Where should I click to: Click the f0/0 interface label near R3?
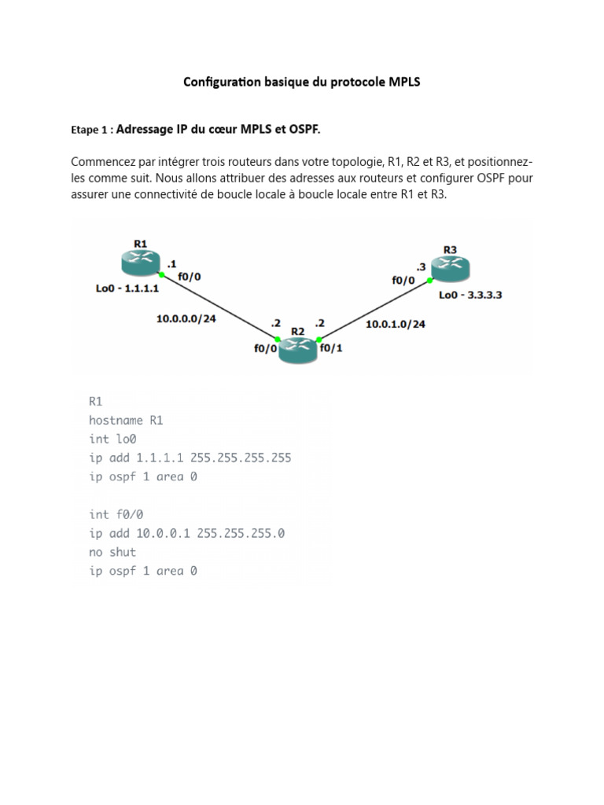pyautogui.click(x=403, y=278)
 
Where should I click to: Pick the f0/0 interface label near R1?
pyautogui.click(x=189, y=276)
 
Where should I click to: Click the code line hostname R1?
pyautogui.click(x=127, y=421)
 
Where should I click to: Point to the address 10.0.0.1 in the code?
pyautogui.click(x=163, y=533)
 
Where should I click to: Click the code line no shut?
pyautogui.click(x=112, y=552)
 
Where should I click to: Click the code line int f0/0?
pyautogui.click(x=116, y=514)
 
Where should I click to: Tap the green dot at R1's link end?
pyautogui.click(x=161, y=275)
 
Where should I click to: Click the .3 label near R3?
pyautogui.click(x=422, y=267)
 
